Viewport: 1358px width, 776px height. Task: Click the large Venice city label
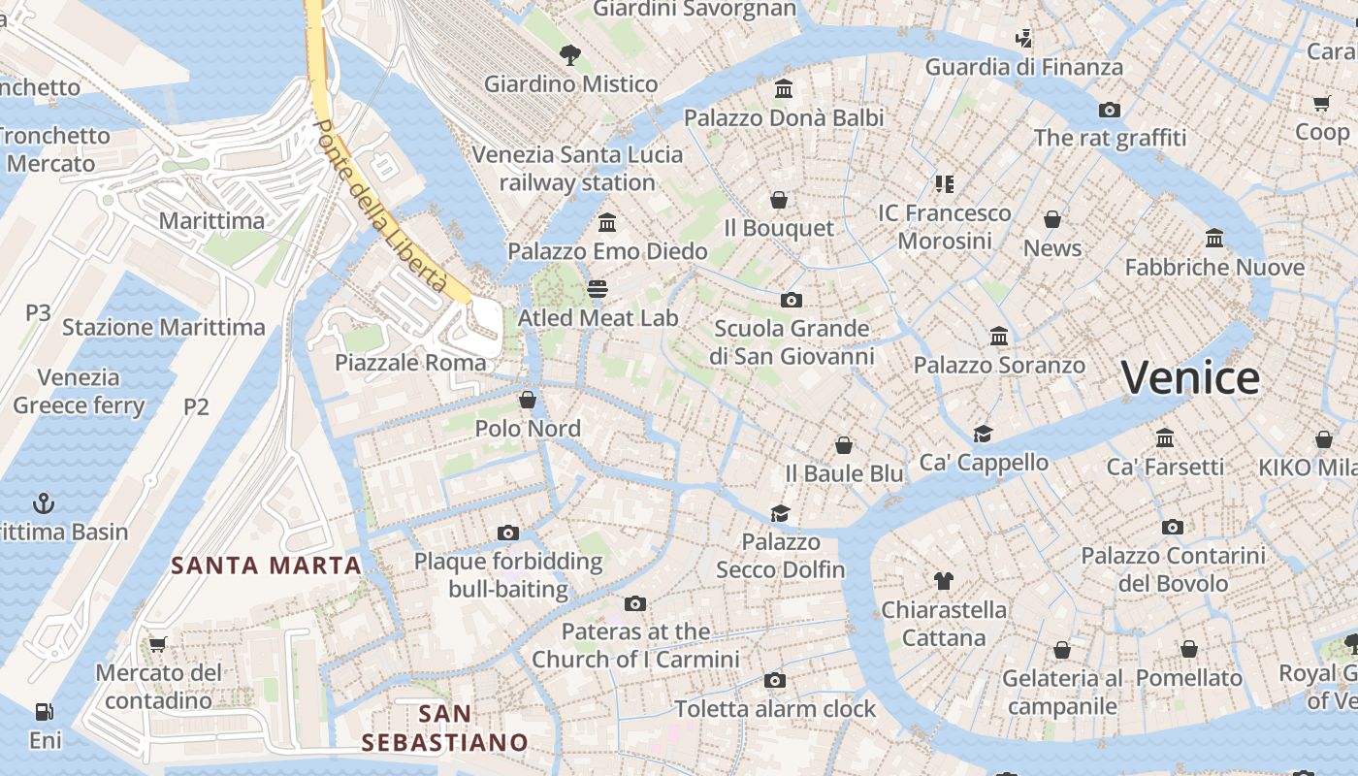tap(1190, 377)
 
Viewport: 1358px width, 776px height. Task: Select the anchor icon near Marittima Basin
tap(44, 502)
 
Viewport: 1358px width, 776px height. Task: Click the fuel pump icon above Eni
tap(44, 712)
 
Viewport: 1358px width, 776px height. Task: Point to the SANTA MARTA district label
tap(267, 566)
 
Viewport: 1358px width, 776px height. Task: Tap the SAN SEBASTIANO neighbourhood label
tap(445, 728)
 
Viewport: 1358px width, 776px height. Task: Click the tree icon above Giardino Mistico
tap(570, 55)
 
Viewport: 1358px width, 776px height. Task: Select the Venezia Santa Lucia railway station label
tap(578, 169)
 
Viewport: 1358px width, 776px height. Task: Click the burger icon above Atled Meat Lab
tap(598, 289)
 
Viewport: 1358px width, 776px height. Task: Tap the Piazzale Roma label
tap(410, 363)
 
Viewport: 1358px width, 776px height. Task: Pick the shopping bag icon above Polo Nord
tap(528, 400)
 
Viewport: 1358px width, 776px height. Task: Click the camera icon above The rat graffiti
tap(1110, 110)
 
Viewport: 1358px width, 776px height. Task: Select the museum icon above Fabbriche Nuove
tap(1214, 238)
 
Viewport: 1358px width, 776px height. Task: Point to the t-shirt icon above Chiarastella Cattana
tap(944, 581)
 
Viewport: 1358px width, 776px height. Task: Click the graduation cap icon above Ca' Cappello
tap(984, 434)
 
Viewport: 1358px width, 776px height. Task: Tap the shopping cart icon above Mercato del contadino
tap(158, 644)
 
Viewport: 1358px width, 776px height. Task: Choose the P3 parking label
tap(38, 312)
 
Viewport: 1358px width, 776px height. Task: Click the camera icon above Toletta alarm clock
tap(774, 680)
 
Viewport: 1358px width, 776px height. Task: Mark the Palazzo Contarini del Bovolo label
tap(1174, 569)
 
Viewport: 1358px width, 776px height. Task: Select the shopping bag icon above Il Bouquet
tap(779, 200)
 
